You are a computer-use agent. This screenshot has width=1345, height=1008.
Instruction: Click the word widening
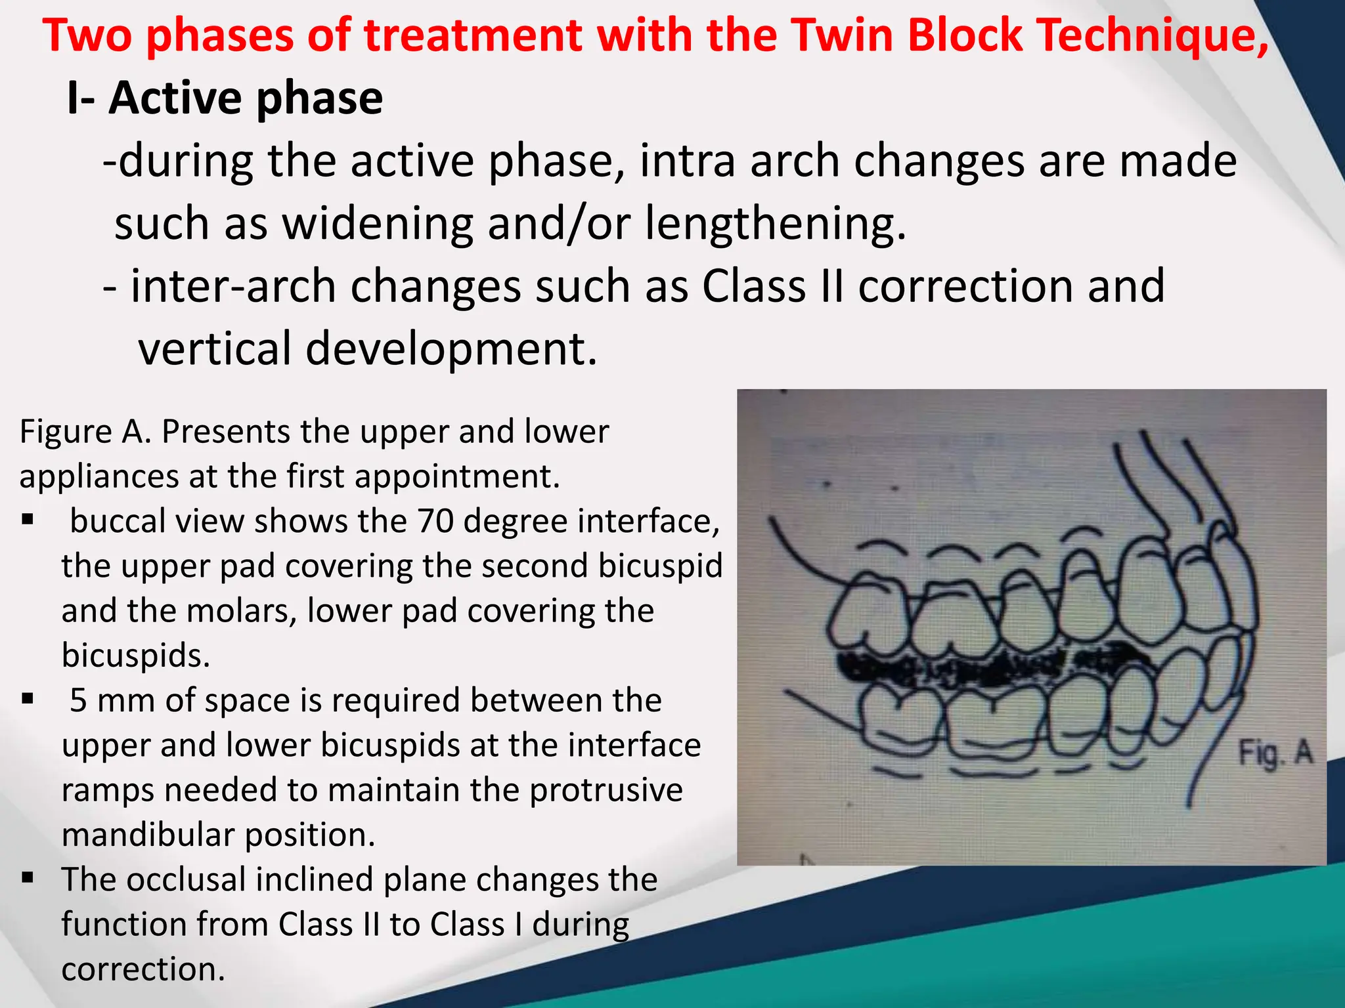[x=378, y=224]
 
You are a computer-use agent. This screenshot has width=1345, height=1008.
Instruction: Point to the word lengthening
[x=775, y=224]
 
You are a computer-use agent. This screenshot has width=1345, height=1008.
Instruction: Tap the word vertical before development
[x=214, y=348]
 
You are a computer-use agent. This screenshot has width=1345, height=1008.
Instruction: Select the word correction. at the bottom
[x=143, y=969]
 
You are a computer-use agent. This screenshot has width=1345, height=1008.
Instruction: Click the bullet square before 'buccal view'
[x=28, y=520]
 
